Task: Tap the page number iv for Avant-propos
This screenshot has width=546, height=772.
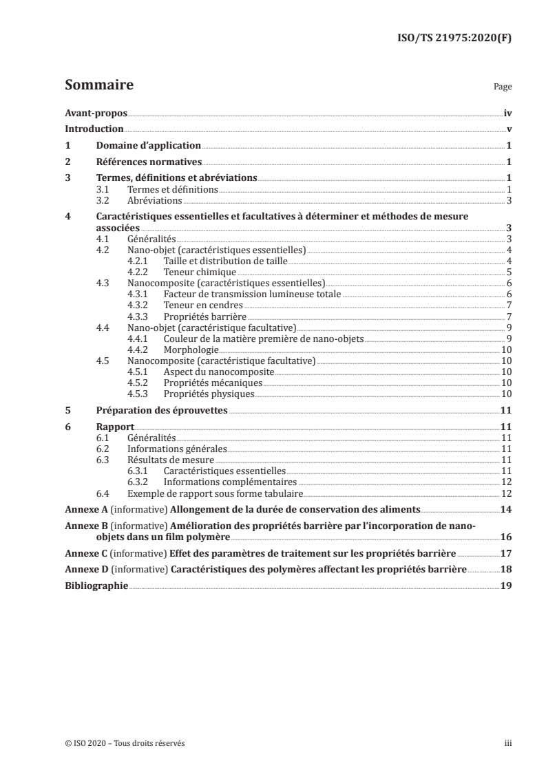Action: tap(507, 114)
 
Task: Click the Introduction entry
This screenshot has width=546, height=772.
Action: tap(94, 129)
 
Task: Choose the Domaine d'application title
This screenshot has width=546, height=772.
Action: tap(148, 146)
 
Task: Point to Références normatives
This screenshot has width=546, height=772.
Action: tap(148, 162)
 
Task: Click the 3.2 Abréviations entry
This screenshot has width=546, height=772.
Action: tap(155, 200)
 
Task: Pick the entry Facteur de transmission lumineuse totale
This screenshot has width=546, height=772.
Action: tap(253, 294)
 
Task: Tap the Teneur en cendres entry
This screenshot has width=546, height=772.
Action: tap(203, 305)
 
